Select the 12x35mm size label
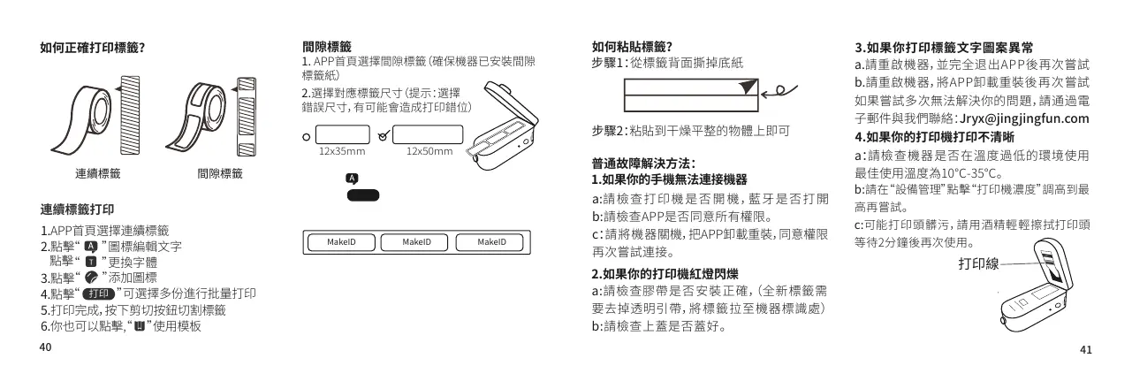pos(341,151)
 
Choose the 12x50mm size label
pos(429,151)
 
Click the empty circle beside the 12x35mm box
pos(306,136)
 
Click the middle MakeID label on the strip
pos(415,242)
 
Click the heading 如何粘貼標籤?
pos(633,48)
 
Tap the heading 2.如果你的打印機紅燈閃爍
pos(666,272)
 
